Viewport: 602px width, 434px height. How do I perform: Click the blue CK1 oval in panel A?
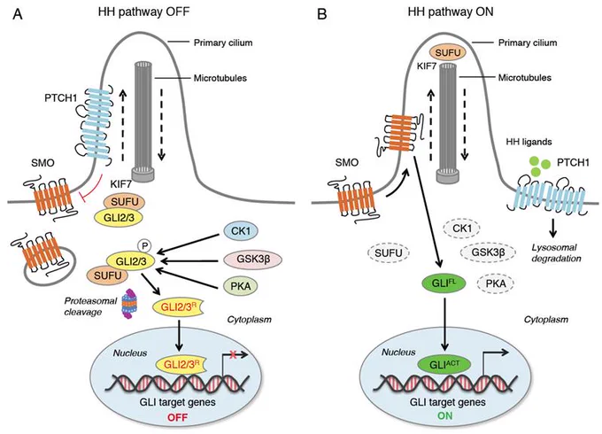click(x=241, y=231)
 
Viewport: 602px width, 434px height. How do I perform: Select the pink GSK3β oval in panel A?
click(x=252, y=260)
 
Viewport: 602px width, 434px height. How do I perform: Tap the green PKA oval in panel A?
click(x=241, y=286)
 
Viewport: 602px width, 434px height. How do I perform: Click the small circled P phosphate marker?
click(x=144, y=246)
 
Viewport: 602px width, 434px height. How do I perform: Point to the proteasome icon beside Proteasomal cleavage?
click(x=129, y=305)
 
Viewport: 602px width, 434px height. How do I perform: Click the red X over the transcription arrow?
click(x=232, y=355)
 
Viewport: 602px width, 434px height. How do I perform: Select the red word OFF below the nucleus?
click(x=177, y=417)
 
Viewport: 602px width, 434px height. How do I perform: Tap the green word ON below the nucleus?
click(x=444, y=415)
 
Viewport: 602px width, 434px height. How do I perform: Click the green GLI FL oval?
click(x=444, y=283)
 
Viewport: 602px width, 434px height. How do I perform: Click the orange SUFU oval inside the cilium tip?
click(x=448, y=52)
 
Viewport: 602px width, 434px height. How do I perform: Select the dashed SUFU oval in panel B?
click(x=389, y=253)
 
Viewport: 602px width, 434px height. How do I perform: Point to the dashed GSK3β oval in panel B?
click(x=488, y=252)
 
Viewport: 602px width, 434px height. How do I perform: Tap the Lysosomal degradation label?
click(x=556, y=253)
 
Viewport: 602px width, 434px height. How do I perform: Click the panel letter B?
click(x=322, y=14)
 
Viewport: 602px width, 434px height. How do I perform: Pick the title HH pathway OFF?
click(x=143, y=12)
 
